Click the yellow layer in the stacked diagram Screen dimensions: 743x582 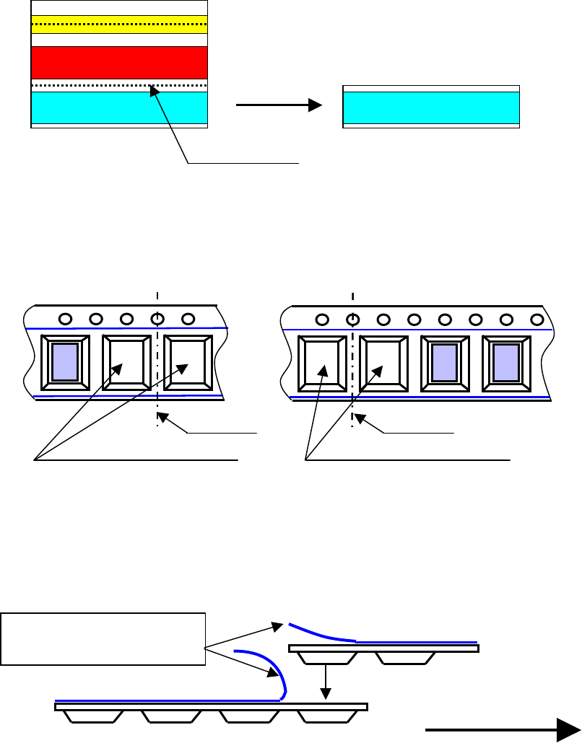119,25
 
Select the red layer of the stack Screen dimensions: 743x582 119,63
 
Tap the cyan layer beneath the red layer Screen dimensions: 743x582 119,107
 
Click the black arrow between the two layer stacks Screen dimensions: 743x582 279,105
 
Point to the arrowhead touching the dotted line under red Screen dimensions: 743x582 152,89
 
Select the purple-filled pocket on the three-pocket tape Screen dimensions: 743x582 65,362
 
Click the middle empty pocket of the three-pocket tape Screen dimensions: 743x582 126,362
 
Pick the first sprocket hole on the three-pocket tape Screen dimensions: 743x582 65,319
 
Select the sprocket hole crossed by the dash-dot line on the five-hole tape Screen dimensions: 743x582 157,319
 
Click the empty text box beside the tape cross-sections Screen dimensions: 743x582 103,638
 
